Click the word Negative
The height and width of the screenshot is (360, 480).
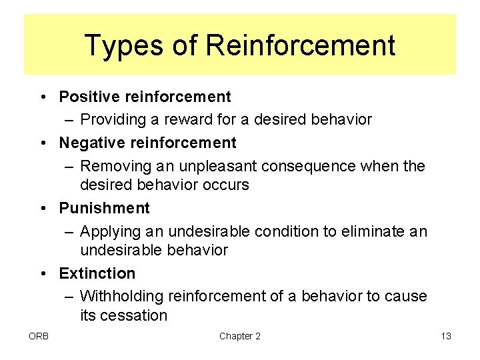coord(89,143)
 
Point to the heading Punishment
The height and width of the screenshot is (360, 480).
coord(105,208)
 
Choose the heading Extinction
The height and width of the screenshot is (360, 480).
coord(97,273)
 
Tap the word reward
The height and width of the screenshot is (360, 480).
coord(181,120)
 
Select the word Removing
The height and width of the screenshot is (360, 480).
coord(110,165)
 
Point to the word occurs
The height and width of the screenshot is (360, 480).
coord(225,185)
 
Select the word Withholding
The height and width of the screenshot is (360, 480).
coord(122,296)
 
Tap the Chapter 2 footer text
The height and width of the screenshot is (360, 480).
coord(240,336)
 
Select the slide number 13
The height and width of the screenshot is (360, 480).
coord(446,336)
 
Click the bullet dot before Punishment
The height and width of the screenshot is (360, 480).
coord(43,209)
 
